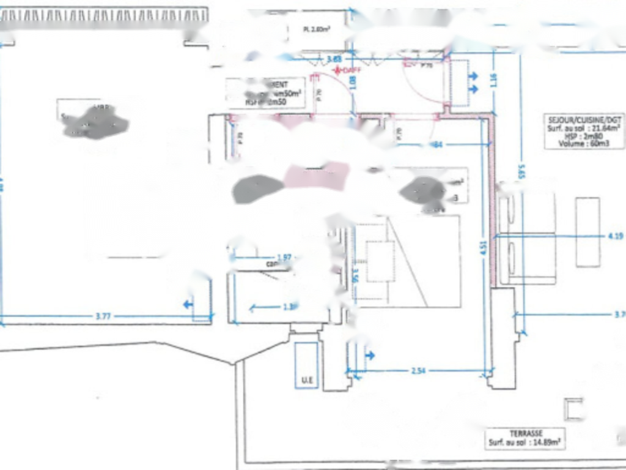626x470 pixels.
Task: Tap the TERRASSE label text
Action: (x=526, y=433)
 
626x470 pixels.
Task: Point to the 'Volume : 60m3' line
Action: (x=586, y=143)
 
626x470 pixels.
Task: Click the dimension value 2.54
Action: (x=418, y=370)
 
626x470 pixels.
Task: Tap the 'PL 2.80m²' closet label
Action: (x=317, y=29)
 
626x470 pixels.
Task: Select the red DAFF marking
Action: (x=347, y=70)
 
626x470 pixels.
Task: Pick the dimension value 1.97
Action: (x=284, y=257)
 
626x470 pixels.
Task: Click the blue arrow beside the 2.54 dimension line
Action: (x=370, y=355)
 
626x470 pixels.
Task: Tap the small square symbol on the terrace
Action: (x=574, y=409)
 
